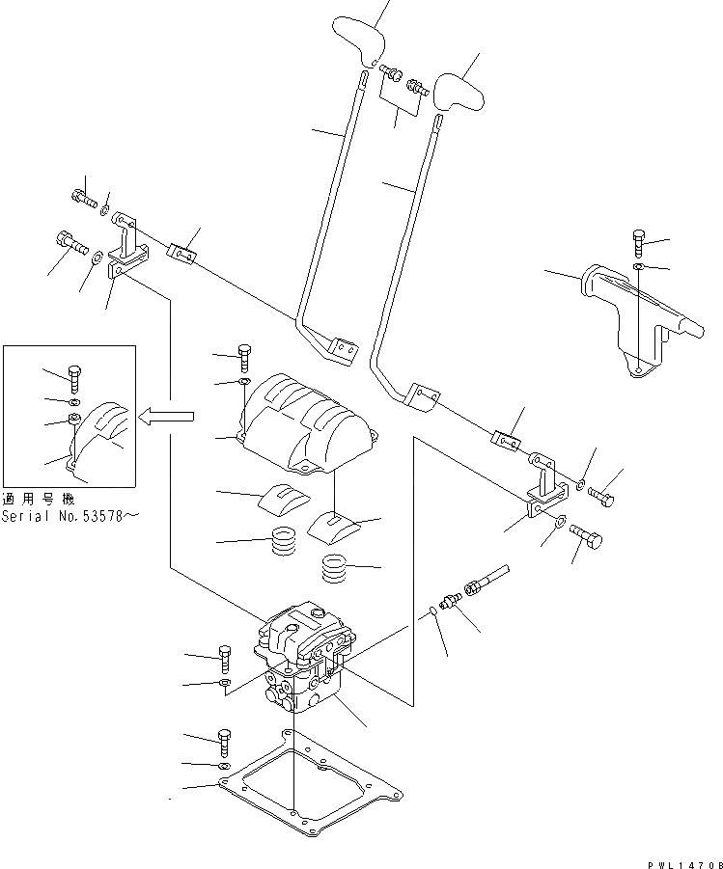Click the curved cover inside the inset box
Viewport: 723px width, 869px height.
[106, 434]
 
